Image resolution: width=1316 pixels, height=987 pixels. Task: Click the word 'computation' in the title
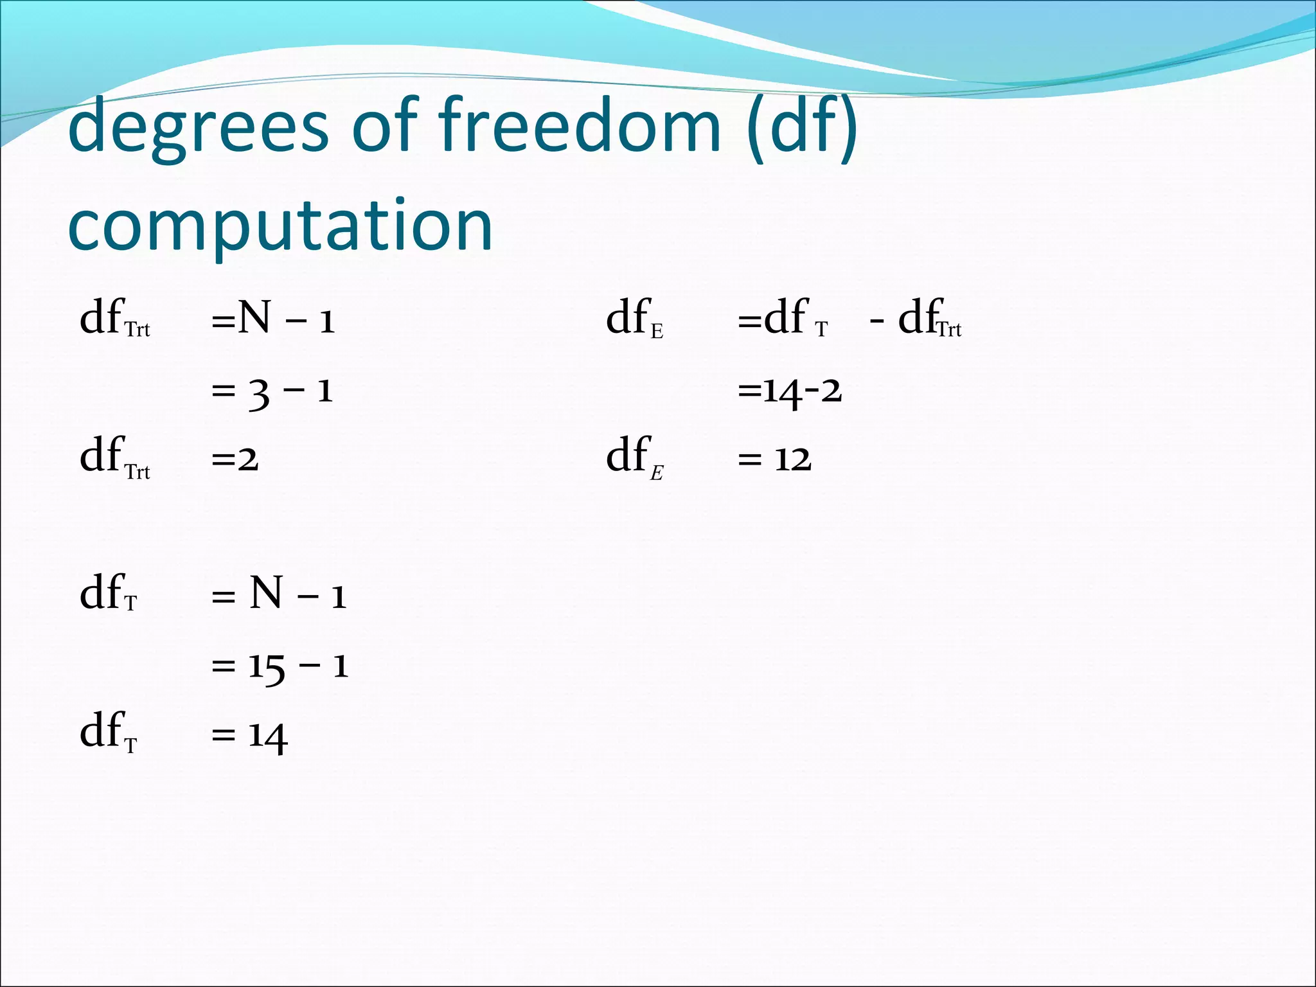[x=280, y=225]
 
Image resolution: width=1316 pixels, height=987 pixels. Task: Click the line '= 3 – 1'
[x=272, y=391]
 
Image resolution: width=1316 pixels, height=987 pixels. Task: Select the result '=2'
[x=235, y=459]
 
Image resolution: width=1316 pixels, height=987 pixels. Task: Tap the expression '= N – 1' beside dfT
[x=279, y=594]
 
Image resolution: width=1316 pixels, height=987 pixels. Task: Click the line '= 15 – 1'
[x=280, y=666]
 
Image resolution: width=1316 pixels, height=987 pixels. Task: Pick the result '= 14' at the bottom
[x=249, y=736]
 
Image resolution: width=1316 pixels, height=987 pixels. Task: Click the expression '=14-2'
[x=790, y=391]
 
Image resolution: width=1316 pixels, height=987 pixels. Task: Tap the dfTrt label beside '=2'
[x=114, y=457]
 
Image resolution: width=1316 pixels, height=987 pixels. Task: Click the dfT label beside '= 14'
[x=108, y=733]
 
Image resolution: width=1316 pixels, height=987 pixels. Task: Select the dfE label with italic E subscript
[x=635, y=457]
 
